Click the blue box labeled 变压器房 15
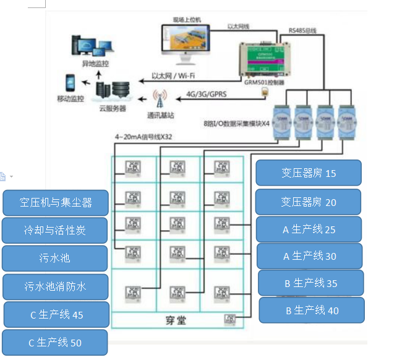pyautogui.click(x=308, y=173)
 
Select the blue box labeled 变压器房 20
pyautogui.click(x=308, y=202)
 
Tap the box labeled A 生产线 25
pyautogui.click(x=309, y=229)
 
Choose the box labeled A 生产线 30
pyautogui.click(x=309, y=255)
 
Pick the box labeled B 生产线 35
pyautogui.click(x=310, y=283)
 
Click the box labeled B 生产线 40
pyautogui.click(x=311, y=310)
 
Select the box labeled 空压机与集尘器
pyautogui.click(x=56, y=202)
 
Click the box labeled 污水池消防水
pyautogui.click(x=56, y=287)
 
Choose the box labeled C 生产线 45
pyautogui.click(x=56, y=314)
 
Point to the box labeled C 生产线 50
pyautogui.click(x=55, y=342)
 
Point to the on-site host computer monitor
pyautogui.click(x=184, y=41)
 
